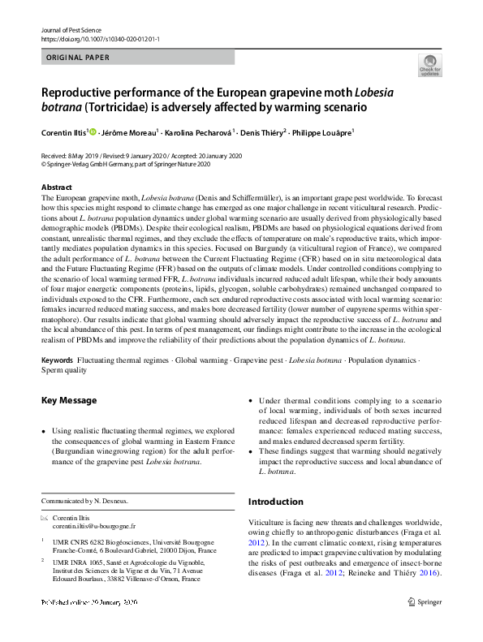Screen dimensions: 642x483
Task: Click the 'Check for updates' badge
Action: tap(429, 67)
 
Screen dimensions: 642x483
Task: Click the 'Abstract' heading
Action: tap(57, 187)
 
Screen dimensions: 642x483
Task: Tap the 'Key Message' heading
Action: tap(69, 400)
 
